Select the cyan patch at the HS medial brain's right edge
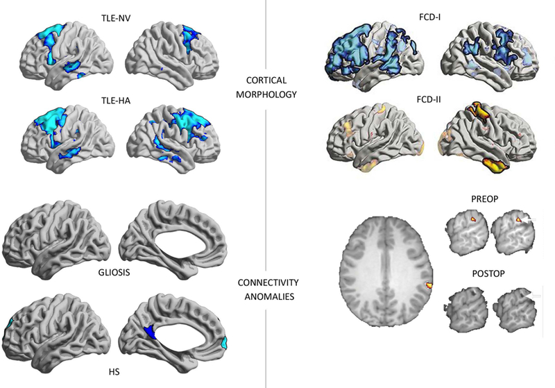coord(223,342)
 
